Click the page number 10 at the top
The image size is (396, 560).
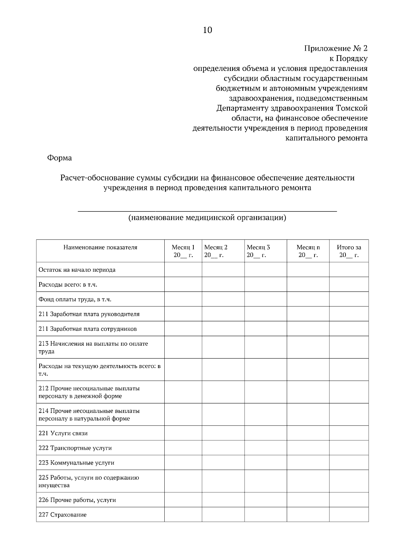coord(207,30)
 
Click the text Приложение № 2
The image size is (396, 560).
coord(335,48)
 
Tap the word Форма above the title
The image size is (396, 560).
coord(60,158)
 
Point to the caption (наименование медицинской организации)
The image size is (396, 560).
coord(207,218)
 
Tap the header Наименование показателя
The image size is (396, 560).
coord(100,247)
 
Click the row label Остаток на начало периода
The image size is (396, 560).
coord(77,270)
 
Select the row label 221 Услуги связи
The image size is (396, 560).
coord(63,433)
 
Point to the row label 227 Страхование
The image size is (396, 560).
coord(62,515)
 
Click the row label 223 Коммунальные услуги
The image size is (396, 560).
coord(76,463)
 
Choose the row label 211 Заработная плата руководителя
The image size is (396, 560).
coord(89,314)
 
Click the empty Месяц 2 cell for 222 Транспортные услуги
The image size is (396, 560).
coord(223,448)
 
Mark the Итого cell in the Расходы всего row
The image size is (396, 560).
coord(349,284)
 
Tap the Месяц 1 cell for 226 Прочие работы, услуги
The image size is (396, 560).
coord(183,500)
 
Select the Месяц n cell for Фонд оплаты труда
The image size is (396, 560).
coord(308,299)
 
